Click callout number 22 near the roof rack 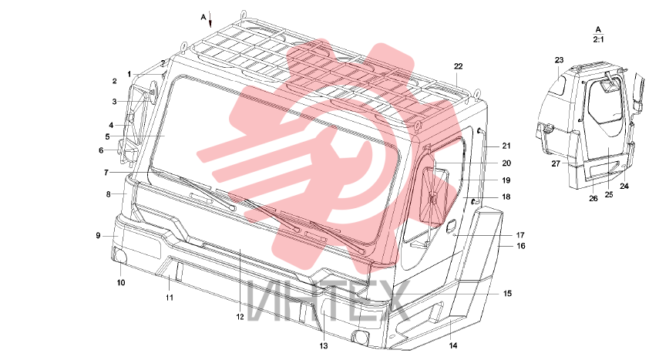458,66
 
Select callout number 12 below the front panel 240,317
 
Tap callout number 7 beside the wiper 106,173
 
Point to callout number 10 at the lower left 121,283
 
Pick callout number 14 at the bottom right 452,345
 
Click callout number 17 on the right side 520,235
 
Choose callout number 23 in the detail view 559,60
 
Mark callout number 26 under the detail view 593,199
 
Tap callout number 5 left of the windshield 108,136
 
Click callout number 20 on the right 506,163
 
